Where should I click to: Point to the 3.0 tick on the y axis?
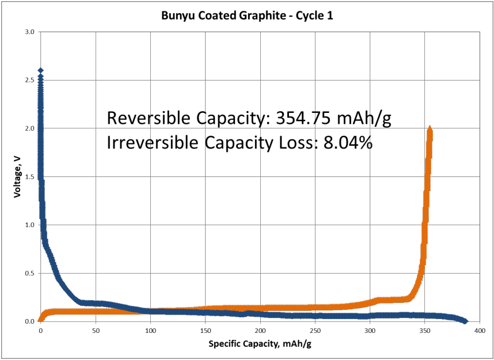tap(31, 32)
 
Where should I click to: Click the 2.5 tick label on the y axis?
tap(31, 80)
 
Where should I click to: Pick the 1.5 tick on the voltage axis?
tap(31, 176)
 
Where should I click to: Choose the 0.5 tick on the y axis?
tap(31, 273)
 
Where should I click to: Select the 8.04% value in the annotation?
tap(347, 142)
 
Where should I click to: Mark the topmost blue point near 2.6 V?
tap(40, 70)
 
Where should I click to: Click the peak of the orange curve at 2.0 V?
tap(430, 129)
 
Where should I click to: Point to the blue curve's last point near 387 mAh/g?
tap(465, 321)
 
